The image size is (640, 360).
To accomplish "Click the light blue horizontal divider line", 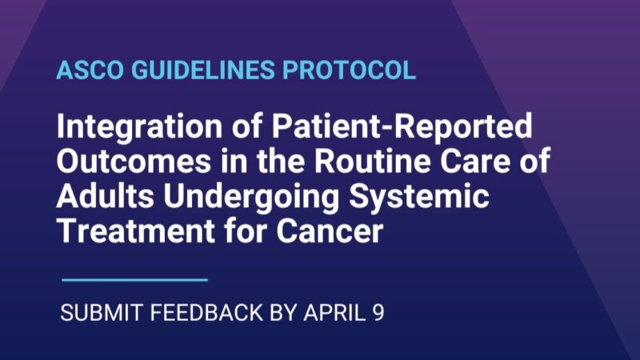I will [x=134, y=279].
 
